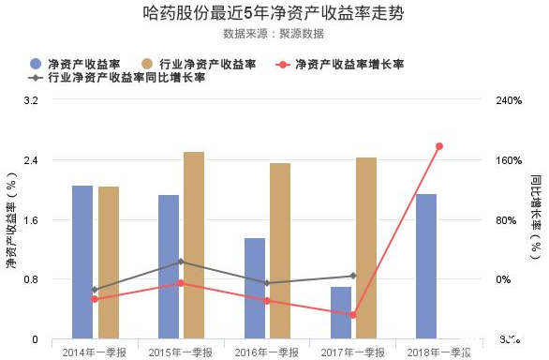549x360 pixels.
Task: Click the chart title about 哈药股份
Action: (274, 13)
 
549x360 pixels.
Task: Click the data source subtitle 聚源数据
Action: (274, 34)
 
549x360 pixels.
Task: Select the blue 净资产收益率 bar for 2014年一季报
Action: (82, 262)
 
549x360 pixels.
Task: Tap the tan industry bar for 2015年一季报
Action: (194, 245)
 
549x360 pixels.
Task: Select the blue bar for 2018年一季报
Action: (427, 266)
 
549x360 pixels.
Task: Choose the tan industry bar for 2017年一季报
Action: (366, 247)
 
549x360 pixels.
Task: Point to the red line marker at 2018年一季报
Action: (439, 146)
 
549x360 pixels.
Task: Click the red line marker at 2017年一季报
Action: (353, 315)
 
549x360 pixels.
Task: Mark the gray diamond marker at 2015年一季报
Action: (181, 262)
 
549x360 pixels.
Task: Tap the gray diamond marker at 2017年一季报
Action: (353, 276)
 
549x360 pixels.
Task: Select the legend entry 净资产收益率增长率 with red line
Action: (341, 64)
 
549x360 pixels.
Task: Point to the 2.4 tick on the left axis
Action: (30, 160)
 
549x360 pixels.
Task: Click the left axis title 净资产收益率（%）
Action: (11, 220)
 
